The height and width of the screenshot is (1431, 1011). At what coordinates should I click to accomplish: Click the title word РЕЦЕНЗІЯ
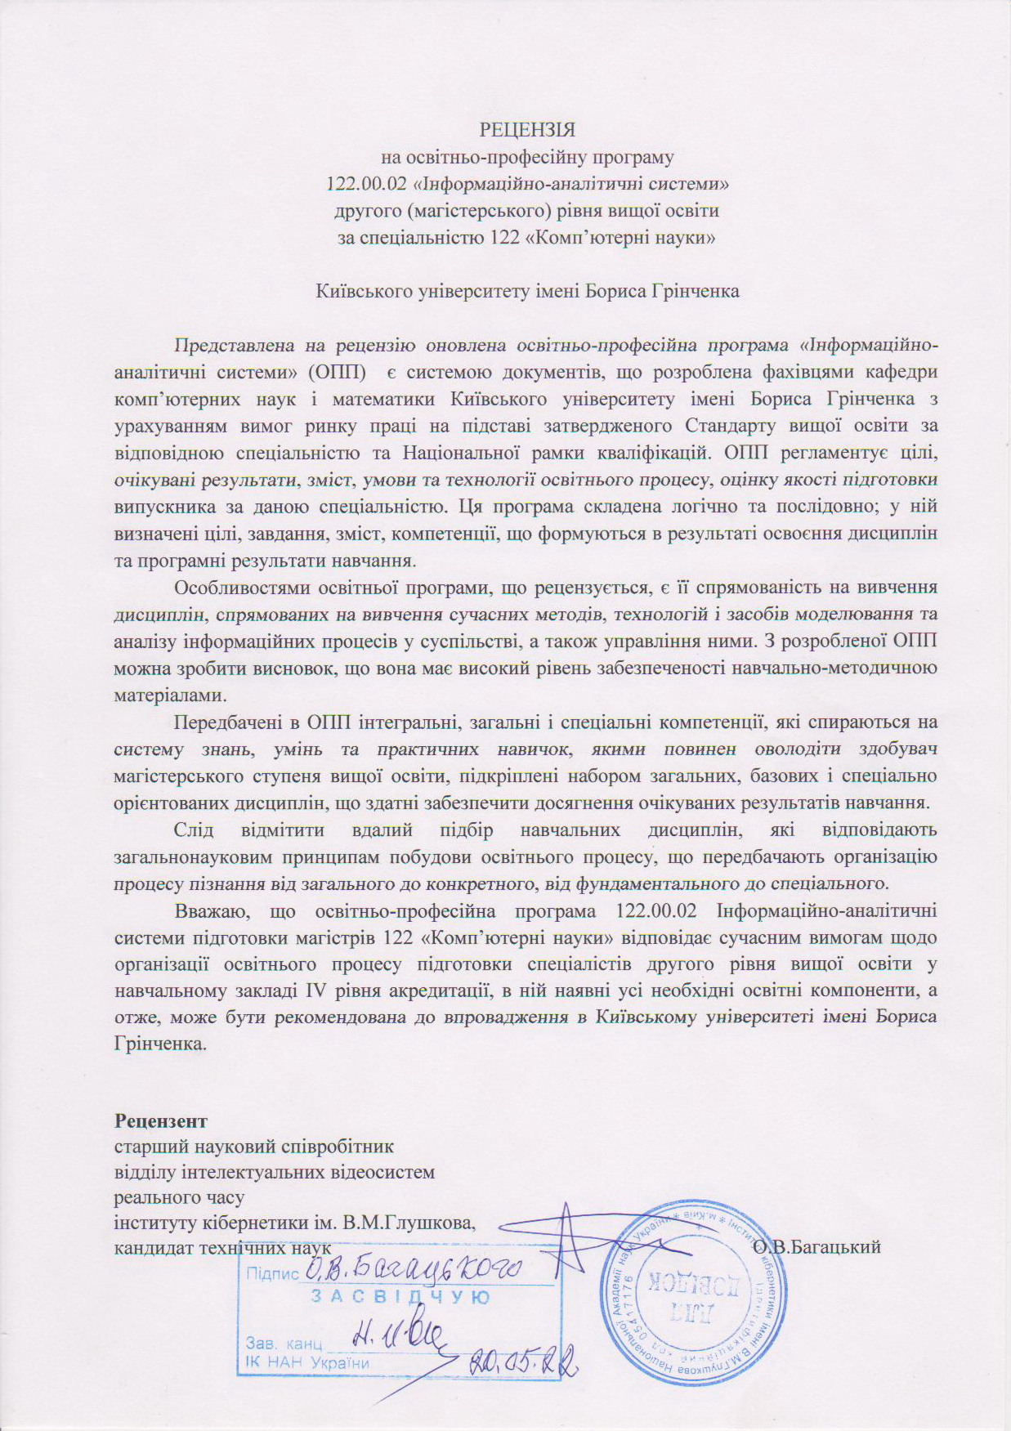click(x=527, y=131)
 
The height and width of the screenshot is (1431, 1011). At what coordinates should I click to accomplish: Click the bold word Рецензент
click(x=161, y=1120)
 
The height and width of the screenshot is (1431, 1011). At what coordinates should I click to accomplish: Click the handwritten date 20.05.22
click(x=524, y=1362)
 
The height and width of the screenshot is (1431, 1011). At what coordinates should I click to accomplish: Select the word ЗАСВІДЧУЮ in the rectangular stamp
click(x=400, y=1298)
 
